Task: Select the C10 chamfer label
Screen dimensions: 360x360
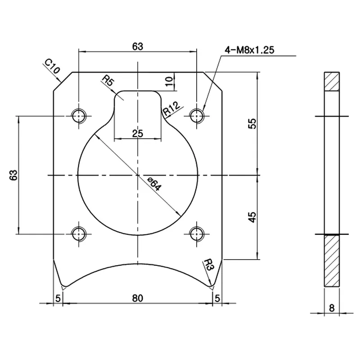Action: click(x=52, y=67)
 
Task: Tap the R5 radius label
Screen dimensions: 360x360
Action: click(x=108, y=81)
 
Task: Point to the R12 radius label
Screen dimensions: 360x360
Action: click(x=171, y=109)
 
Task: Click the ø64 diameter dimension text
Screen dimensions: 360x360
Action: click(x=154, y=184)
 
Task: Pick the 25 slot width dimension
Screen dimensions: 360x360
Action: click(x=138, y=133)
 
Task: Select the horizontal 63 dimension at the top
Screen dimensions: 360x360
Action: click(x=138, y=46)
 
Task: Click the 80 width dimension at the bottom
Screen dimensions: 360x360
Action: click(x=138, y=297)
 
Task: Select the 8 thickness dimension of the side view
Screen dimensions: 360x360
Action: click(x=332, y=308)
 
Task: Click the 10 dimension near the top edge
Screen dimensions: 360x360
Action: click(x=168, y=81)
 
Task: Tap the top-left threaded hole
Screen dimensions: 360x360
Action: click(x=80, y=116)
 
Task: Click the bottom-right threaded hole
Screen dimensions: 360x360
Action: click(x=196, y=234)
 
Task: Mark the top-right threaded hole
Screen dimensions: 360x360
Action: click(x=196, y=116)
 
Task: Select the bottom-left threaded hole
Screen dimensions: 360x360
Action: click(x=80, y=234)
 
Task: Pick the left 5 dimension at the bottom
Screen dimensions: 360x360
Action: click(x=58, y=297)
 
